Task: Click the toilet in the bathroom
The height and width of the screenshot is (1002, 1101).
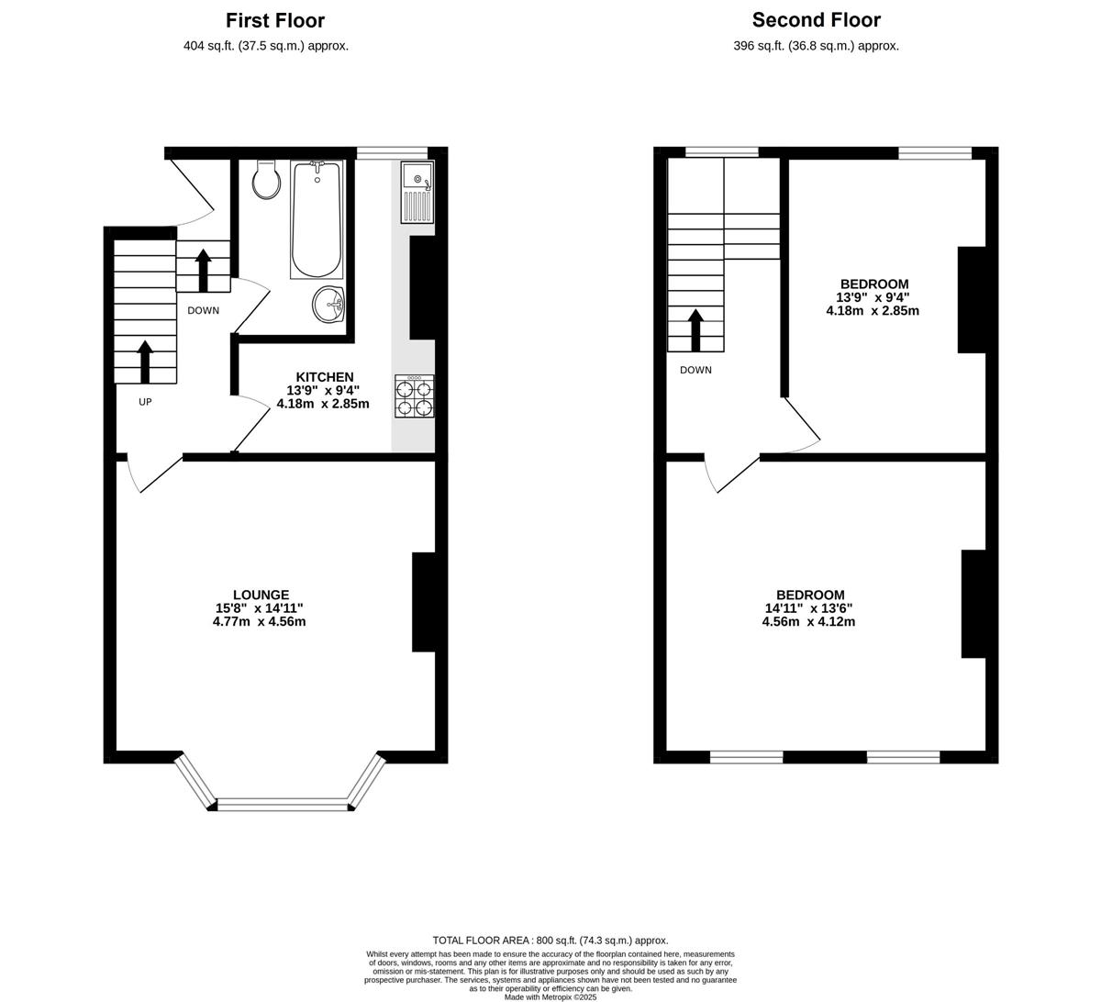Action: pyautogui.click(x=266, y=180)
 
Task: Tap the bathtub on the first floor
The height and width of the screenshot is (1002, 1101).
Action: pyautogui.click(x=317, y=219)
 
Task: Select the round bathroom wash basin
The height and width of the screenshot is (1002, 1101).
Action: pyautogui.click(x=328, y=305)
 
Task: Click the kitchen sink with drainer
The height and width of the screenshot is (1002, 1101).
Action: pyautogui.click(x=417, y=192)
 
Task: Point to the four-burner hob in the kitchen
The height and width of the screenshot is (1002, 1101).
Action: pyautogui.click(x=415, y=395)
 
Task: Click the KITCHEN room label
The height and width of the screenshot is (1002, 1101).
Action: pyautogui.click(x=325, y=377)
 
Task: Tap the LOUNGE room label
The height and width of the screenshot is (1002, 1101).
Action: pyautogui.click(x=261, y=595)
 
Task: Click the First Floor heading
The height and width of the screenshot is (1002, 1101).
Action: pyautogui.click(x=275, y=21)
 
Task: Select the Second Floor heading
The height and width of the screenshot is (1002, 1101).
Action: pyautogui.click(x=817, y=20)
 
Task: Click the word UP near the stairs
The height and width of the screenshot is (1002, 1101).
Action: pyautogui.click(x=145, y=402)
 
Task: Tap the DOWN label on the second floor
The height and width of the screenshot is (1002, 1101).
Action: pyautogui.click(x=695, y=370)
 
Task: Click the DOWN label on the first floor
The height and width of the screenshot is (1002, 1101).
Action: pyautogui.click(x=203, y=311)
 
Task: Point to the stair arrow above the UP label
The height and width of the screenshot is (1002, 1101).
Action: pyautogui.click(x=145, y=362)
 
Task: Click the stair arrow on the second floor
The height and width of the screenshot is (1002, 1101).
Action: pyautogui.click(x=696, y=330)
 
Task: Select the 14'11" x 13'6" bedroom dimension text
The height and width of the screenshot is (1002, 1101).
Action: pyautogui.click(x=808, y=608)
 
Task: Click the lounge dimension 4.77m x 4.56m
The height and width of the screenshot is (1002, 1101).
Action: pyautogui.click(x=259, y=621)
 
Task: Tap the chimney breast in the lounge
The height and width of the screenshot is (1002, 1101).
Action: pyautogui.click(x=424, y=602)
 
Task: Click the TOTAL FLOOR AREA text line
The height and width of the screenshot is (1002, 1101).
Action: pyautogui.click(x=550, y=941)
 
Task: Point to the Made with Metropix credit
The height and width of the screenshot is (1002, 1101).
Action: pyautogui.click(x=550, y=997)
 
